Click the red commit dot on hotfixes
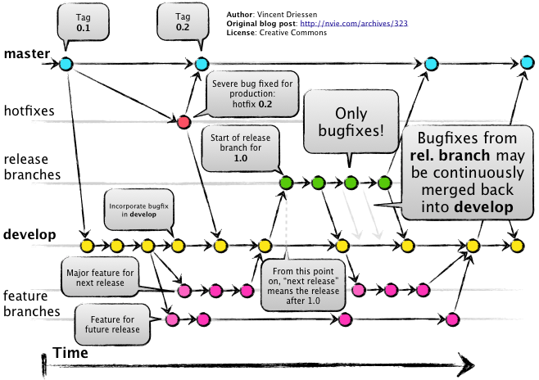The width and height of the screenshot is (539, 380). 183,122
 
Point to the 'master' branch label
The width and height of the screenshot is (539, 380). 27,54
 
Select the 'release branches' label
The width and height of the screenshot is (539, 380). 31,166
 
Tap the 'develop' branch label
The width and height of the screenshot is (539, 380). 29,235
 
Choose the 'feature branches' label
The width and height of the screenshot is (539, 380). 31,303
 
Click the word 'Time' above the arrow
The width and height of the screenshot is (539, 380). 70,352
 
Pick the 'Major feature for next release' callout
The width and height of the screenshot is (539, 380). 102,277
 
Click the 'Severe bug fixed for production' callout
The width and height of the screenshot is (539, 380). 252,95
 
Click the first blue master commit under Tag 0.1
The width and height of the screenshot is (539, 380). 66,63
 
